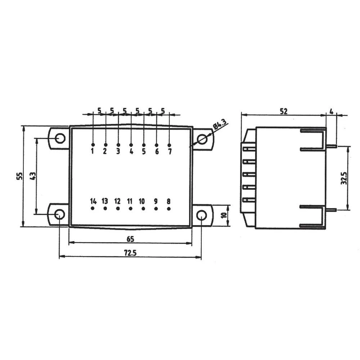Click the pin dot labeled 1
93,145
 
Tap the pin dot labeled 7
169,145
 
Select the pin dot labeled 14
93,208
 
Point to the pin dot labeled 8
168,208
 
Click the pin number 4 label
131,152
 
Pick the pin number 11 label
130,201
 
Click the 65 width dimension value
130,239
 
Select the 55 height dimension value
20,176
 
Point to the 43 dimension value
33,176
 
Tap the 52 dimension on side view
284,112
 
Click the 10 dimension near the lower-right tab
224,215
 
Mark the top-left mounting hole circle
60,138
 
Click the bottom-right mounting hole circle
201,215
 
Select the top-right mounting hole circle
202,139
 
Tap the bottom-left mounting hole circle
59,215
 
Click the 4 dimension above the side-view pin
331,111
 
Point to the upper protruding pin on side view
331,146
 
